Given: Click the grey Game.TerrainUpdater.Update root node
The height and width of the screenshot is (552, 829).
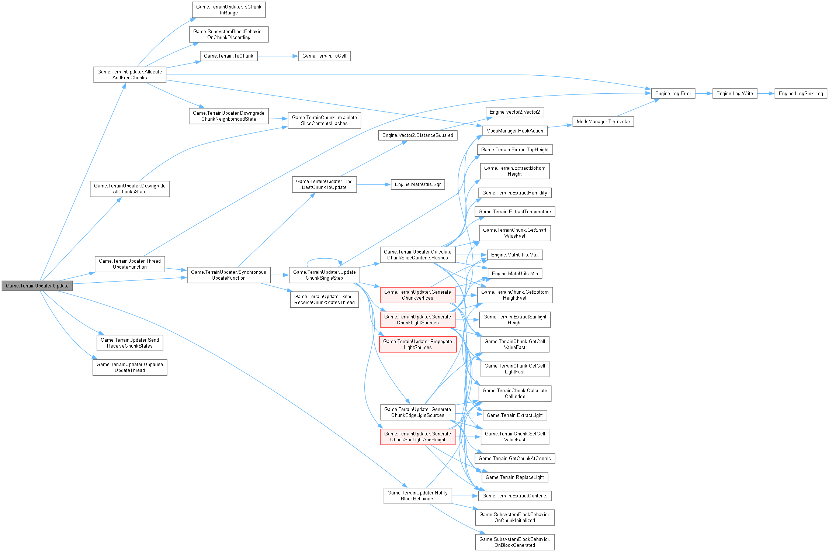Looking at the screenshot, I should click(x=37, y=286).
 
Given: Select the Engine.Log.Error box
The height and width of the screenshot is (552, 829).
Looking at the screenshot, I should click(x=673, y=93).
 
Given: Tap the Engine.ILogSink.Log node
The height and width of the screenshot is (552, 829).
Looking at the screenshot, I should click(x=801, y=93).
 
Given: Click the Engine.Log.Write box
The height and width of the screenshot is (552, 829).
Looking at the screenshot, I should click(x=735, y=93).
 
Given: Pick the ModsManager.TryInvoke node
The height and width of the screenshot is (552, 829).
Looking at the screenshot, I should click(x=603, y=121).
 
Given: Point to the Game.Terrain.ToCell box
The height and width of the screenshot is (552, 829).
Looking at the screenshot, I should click(x=324, y=56).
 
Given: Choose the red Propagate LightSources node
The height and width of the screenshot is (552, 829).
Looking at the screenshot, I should click(x=417, y=344).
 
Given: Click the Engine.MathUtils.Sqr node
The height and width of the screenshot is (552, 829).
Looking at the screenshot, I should click(x=417, y=184).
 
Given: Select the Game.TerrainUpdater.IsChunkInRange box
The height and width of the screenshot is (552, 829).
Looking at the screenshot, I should click(x=228, y=10).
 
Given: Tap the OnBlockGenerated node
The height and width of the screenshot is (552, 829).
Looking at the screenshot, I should click(x=514, y=542).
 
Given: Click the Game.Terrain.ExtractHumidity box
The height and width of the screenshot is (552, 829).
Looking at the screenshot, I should click(x=514, y=193).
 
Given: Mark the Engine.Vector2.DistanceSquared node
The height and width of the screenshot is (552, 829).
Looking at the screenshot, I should click(x=417, y=135).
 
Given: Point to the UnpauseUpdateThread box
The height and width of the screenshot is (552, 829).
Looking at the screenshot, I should click(x=129, y=367).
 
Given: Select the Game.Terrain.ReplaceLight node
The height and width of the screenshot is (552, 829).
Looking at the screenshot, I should click(x=514, y=477).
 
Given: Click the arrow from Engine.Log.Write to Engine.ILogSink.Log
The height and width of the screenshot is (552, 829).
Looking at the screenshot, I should click(x=766, y=93).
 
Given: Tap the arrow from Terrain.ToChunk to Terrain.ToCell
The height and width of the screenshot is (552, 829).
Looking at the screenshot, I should click(x=278, y=56).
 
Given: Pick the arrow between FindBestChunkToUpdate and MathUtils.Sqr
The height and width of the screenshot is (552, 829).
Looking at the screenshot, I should click(x=374, y=184).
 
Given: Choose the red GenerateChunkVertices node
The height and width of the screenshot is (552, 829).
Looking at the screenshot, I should click(x=417, y=295).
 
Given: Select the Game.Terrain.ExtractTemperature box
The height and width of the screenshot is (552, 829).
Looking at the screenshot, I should click(x=514, y=211).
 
